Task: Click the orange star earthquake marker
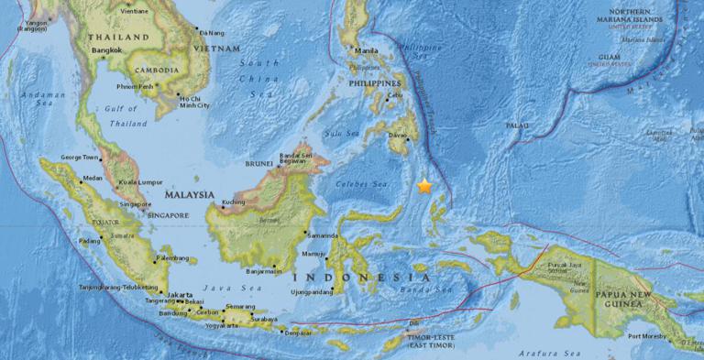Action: pos(424,186)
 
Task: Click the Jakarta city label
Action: pos(179,294)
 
